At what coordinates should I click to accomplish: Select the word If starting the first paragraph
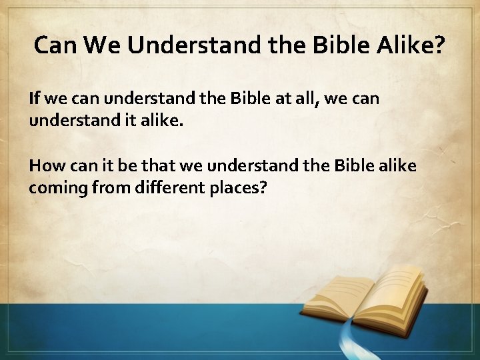click(x=34, y=99)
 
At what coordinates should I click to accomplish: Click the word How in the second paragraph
click(x=45, y=165)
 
